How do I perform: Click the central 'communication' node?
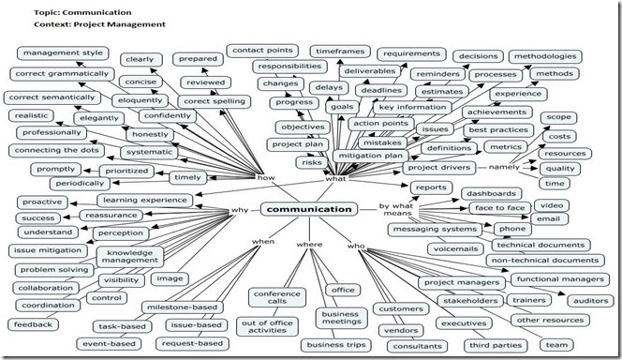click(309, 209)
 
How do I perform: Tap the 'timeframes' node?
click(338, 52)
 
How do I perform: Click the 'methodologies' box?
click(545, 56)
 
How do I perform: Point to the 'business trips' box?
click(335, 344)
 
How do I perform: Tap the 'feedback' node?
click(32, 324)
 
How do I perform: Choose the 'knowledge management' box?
click(130, 258)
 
